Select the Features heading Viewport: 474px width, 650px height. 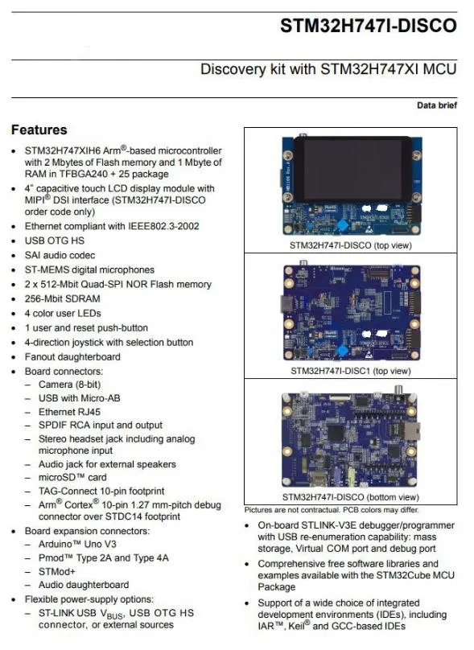(39, 130)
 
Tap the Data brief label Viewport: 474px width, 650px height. (436, 105)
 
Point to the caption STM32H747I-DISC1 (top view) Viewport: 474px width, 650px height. (350, 371)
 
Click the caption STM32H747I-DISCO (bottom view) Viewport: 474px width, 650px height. (350, 497)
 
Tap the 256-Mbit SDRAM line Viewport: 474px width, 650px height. (63, 298)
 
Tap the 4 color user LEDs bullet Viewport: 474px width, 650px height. (63, 313)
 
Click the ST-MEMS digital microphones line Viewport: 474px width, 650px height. (89, 269)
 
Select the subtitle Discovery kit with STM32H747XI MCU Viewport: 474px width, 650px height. (328, 69)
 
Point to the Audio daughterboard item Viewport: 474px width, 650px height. (83, 585)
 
